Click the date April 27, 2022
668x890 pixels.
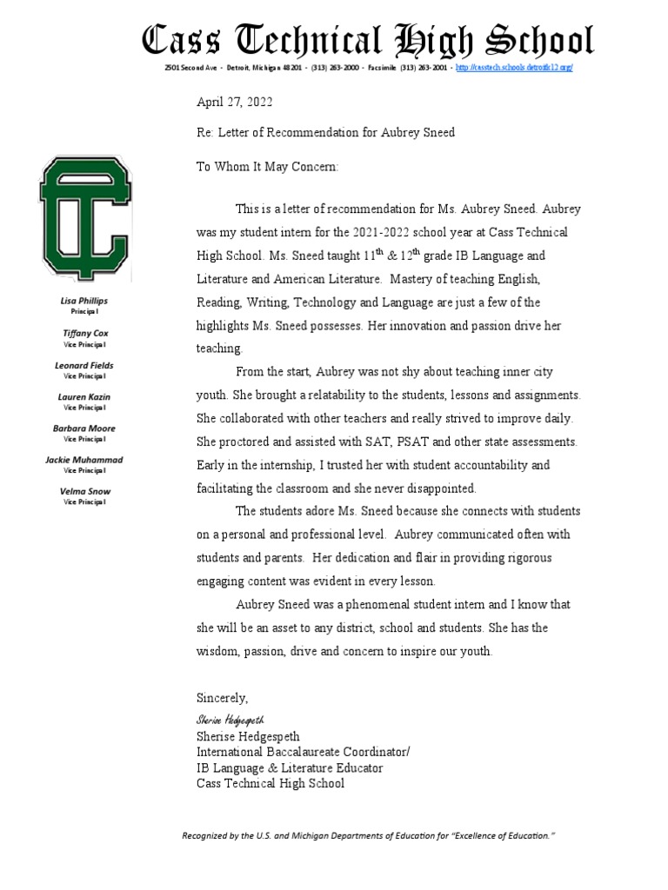coord(234,102)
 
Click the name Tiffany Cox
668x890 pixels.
coord(85,333)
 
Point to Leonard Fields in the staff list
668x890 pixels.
coord(85,365)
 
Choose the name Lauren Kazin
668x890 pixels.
coord(85,396)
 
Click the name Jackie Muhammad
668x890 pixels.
coord(85,460)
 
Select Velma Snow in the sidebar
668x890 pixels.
coord(85,491)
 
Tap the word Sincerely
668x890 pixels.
coord(222,698)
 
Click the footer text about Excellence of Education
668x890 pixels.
coord(368,835)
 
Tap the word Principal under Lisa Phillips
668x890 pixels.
coord(85,310)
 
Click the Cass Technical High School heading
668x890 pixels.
coord(368,41)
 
